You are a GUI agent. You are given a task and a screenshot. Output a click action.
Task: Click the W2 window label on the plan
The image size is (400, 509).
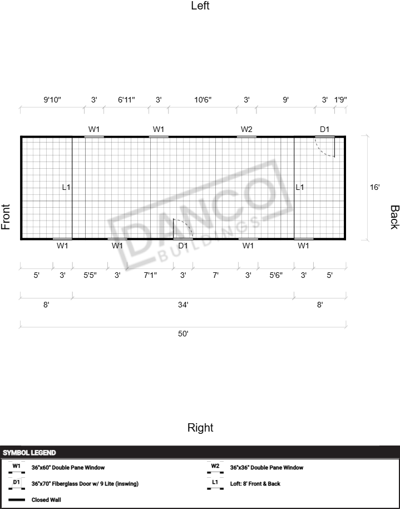point(246,129)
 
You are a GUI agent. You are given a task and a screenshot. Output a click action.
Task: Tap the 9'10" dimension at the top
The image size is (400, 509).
point(52,100)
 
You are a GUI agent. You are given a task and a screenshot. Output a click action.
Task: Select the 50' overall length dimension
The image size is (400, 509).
point(183,334)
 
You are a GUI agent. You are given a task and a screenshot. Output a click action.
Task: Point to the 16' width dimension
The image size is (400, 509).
point(375,187)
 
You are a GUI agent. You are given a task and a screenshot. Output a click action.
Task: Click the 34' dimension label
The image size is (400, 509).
point(183,305)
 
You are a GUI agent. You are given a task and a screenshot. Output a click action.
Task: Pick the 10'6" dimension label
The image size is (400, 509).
point(203,100)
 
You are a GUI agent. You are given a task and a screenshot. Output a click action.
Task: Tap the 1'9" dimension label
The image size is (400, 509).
point(340,100)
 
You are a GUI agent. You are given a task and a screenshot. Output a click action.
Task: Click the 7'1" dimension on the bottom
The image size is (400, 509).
point(150,275)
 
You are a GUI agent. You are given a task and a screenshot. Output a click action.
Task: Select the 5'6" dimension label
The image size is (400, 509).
point(276,275)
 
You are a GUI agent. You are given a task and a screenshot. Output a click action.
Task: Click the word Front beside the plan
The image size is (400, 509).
point(6,217)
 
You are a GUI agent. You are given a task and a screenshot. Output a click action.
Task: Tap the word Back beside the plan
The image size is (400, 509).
point(394,217)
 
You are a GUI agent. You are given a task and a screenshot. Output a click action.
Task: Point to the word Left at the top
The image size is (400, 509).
point(200,6)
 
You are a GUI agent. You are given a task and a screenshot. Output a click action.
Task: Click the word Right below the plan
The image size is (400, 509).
point(200,428)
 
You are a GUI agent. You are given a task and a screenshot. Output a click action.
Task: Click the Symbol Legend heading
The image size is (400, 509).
point(29,453)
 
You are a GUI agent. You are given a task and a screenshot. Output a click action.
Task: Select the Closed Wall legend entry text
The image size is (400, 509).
point(46,500)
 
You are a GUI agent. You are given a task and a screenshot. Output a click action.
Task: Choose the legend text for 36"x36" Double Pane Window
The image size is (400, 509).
point(266,467)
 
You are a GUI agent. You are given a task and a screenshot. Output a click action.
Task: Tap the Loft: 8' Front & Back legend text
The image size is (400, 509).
point(255,484)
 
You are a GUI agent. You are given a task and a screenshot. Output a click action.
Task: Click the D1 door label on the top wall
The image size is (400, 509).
point(325,129)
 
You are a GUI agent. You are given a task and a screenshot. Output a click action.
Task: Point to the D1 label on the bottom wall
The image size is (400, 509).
point(183,246)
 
